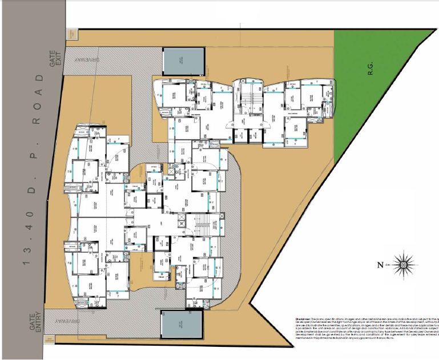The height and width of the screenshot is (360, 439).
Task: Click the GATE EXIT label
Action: (x=55, y=60)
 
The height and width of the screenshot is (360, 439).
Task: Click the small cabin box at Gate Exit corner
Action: (x=72, y=34)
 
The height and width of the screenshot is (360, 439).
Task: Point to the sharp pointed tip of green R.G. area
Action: (x=433, y=30)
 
